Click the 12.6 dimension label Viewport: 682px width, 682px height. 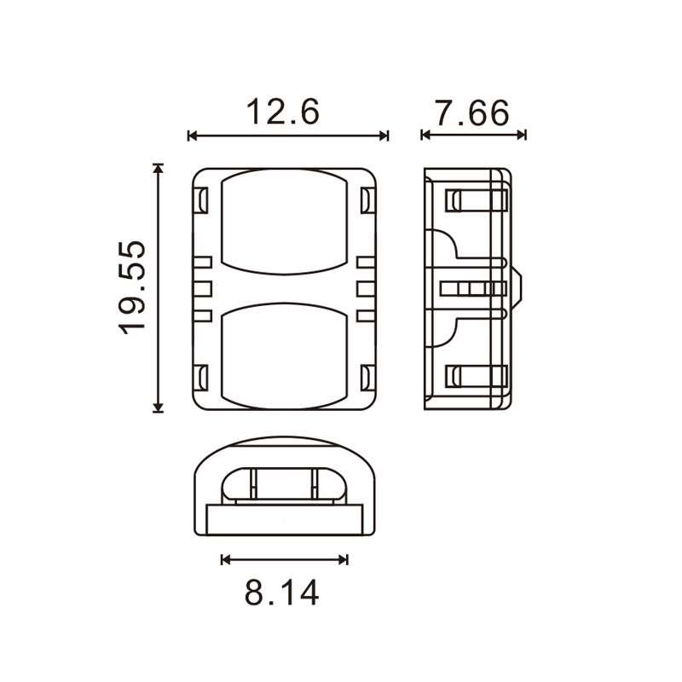point(283,113)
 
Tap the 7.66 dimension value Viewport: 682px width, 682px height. point(472,113)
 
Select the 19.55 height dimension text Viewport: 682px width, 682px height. point(132,287)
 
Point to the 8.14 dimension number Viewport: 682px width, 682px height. point(282,593)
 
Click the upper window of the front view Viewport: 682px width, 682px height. point(285,222)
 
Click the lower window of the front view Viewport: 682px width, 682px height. point(285,356)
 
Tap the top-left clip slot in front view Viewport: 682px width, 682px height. point(200,200)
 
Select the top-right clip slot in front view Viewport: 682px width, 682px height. point(367,200)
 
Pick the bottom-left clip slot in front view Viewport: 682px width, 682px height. point(200,378)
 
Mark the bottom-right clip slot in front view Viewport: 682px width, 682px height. point(367,378)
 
